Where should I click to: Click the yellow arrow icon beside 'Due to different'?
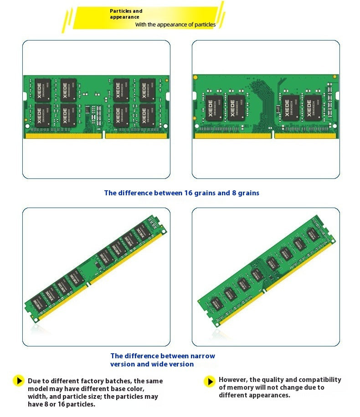pos(18,381)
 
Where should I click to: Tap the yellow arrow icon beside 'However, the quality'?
pos(209,381)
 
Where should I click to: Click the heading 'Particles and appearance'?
pos(126,14)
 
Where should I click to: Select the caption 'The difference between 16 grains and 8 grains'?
pos(181,193)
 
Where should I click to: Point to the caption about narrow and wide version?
pos(162,360)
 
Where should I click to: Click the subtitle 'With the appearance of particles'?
pos(175,25)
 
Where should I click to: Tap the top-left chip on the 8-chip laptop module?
pos(43,90)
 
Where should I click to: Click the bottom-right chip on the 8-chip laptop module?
pos(147,116)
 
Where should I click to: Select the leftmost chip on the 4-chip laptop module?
pos(213,108)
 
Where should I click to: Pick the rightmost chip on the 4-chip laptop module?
pos(313,108)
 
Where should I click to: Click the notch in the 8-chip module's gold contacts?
pos(103,135)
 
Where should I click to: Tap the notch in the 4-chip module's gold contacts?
pos(273,135)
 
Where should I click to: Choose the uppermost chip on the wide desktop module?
pos(313,235)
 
